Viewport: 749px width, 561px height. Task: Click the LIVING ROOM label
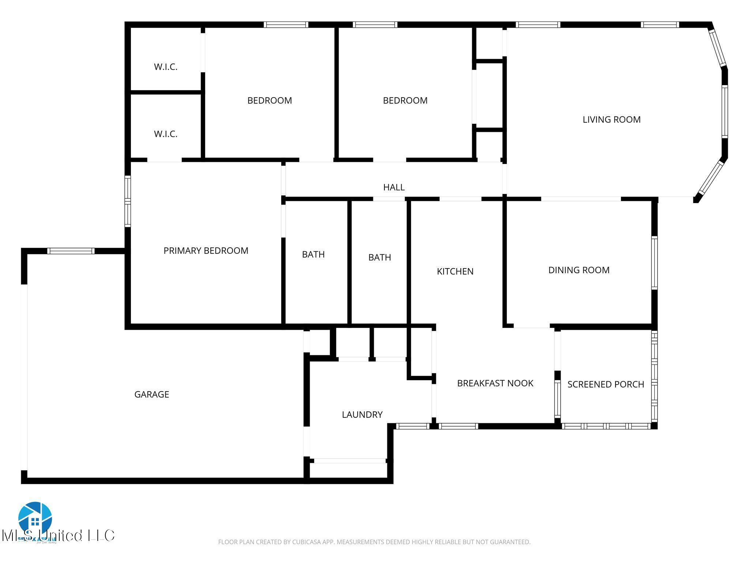click(x=611, y=119)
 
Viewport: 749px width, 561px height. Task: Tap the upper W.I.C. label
click(x=165, y=67)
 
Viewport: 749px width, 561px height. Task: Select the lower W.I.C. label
click(x=165, y=134)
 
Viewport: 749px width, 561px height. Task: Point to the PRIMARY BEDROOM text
click(x=206, y=251)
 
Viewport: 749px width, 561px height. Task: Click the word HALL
click(x=394, y=187)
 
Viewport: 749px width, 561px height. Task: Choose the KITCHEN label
click(x=455, y=271)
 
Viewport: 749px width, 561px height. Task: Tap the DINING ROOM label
click(x=579, y=270)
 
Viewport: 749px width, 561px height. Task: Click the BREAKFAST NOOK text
click(x=495, y=383)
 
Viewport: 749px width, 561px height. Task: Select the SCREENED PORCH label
click(x=605, y=384)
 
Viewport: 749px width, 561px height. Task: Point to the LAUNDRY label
click(x=362, y=415)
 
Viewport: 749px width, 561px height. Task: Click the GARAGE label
click(x=151, y=394)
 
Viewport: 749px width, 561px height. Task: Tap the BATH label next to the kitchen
click(x=379, y=257)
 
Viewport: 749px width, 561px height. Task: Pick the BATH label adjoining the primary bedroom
click(x=313, y=254)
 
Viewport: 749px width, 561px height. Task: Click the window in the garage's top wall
click(x=71, y=251)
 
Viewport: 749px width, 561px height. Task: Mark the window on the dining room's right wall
click(x=654, y=263)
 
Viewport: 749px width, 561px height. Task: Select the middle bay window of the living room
click(x=724, y=111)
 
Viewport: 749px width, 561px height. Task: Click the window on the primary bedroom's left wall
click(x=127, y=201)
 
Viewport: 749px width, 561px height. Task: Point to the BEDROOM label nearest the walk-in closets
click(x=270, y=100)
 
